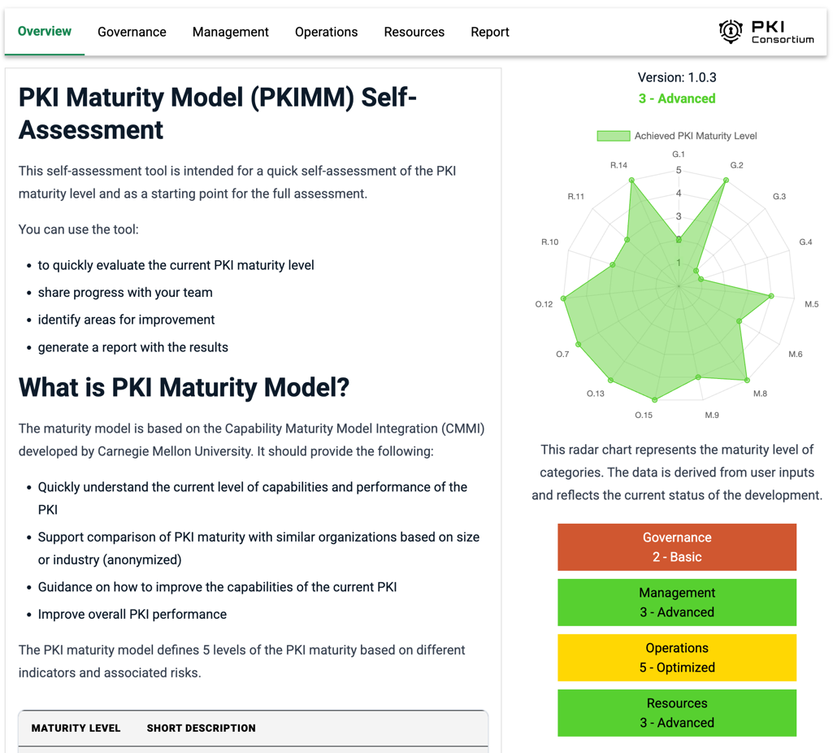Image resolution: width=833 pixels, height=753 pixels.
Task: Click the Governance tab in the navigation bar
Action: [132, 33]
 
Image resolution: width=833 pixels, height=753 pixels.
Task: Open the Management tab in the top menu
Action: [230, 33]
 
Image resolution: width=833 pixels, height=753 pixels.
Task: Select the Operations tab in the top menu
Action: [326, 33]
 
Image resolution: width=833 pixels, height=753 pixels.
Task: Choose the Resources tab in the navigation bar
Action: [414, 33]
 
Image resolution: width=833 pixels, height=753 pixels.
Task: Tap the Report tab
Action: [490, 33]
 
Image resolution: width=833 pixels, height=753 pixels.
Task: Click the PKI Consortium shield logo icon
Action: [731, 32]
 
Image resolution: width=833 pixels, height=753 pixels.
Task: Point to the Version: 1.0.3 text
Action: [677, 78]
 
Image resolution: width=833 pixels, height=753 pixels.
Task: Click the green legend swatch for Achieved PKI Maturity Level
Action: [613, 136]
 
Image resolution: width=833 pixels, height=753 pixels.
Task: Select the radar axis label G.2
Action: [736, 165]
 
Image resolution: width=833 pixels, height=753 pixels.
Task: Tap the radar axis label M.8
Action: [760, 394]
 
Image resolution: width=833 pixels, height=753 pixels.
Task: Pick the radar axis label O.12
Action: [544, 304]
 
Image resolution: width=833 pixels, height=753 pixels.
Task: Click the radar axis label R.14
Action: [618, 165]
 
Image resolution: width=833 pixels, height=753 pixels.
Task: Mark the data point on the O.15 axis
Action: [655, 399]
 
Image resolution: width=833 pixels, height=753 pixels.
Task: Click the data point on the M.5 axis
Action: [771, 296]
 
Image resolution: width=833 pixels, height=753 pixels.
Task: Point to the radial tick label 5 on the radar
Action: [679, 171]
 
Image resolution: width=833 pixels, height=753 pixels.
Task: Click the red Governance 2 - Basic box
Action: [676, 547]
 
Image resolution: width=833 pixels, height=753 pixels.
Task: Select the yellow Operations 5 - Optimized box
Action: [676, 658]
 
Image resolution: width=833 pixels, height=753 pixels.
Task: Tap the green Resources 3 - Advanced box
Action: [676, 713]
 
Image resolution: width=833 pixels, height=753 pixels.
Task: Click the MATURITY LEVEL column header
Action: [76, 729]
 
